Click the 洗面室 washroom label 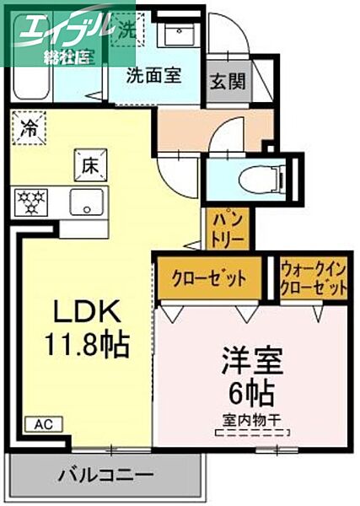tap(153, 74)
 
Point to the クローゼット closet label tap(209, 278)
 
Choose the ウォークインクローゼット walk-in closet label tap(314, 279)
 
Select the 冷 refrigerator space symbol tap(30, 130)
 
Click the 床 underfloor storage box tap(89, 164)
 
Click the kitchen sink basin tap(85, 203)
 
